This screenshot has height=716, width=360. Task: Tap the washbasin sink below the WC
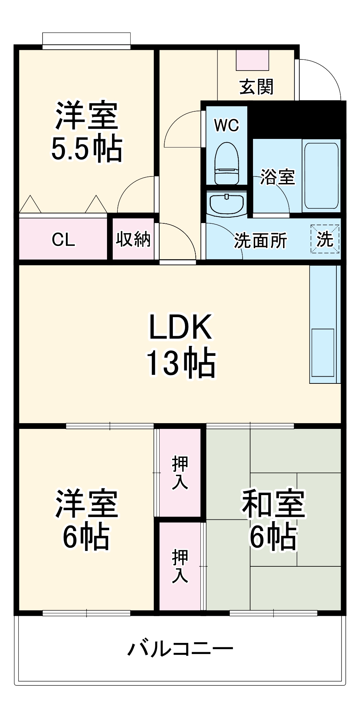(227, 204)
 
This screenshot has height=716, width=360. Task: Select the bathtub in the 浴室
(321, 176)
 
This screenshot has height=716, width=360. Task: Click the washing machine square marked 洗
(325, 239)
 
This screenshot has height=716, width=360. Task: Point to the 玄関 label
(256, 87)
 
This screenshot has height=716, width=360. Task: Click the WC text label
(226, 125)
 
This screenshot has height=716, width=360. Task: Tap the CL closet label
(63, 240)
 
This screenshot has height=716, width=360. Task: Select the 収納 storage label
(133, 239)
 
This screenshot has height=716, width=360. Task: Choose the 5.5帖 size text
(86, 149)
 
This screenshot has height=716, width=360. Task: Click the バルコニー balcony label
(180, 648)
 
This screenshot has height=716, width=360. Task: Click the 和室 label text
(274, 504)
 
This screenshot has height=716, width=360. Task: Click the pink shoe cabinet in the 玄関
(252, 60)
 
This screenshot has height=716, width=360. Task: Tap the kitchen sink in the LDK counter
(323, 352)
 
